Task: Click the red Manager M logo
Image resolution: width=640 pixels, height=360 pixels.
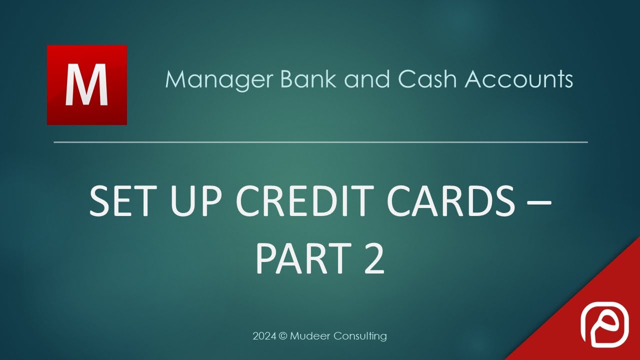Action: pyautogui.click(x=86, y=84)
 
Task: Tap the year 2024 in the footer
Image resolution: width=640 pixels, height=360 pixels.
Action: pyautogui.click(x=263, y=336)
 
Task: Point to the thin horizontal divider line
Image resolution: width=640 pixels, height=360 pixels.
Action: pyautogui.click(x=320, y=142)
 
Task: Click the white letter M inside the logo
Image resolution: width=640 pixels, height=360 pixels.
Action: pyautogui.click(x=87, y=85)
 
